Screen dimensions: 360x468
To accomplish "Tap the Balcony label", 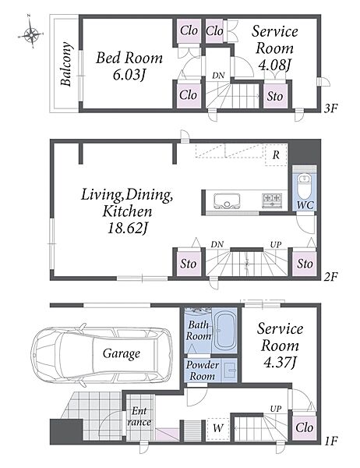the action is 66,65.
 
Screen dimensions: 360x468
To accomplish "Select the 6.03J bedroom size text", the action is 129,75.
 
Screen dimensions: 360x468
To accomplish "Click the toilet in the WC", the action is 305,186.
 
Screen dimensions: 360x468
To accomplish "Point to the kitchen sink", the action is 227,200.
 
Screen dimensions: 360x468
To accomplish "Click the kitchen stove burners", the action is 272,200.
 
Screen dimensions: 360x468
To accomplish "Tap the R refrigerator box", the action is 276,155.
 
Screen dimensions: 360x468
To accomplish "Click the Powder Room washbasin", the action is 230,370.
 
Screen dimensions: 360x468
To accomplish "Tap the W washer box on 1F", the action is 218,428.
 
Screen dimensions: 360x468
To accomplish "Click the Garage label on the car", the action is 122,353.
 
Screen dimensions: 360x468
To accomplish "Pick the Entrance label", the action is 139,417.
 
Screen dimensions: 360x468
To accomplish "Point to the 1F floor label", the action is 330,441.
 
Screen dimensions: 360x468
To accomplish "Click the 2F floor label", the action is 330,277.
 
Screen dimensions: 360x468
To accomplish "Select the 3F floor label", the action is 330,108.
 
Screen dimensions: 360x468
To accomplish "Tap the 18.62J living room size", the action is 128,229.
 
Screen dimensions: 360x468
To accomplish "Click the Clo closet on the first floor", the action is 305,427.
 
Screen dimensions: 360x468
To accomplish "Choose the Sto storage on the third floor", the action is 275,97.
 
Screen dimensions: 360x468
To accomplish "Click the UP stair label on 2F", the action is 276,244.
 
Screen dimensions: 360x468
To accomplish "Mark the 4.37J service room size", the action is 280,363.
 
